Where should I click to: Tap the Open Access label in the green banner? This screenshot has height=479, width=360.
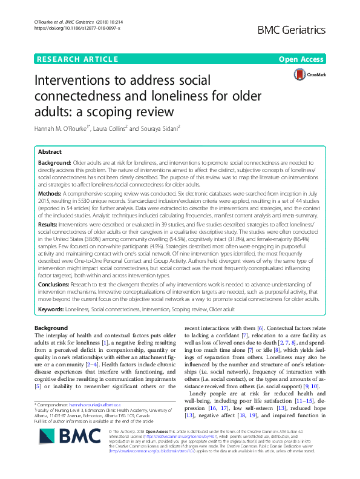pyautogui.click(x=301, y=59)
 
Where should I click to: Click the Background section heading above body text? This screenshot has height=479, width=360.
pyautogui.click(x=51, y=328)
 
